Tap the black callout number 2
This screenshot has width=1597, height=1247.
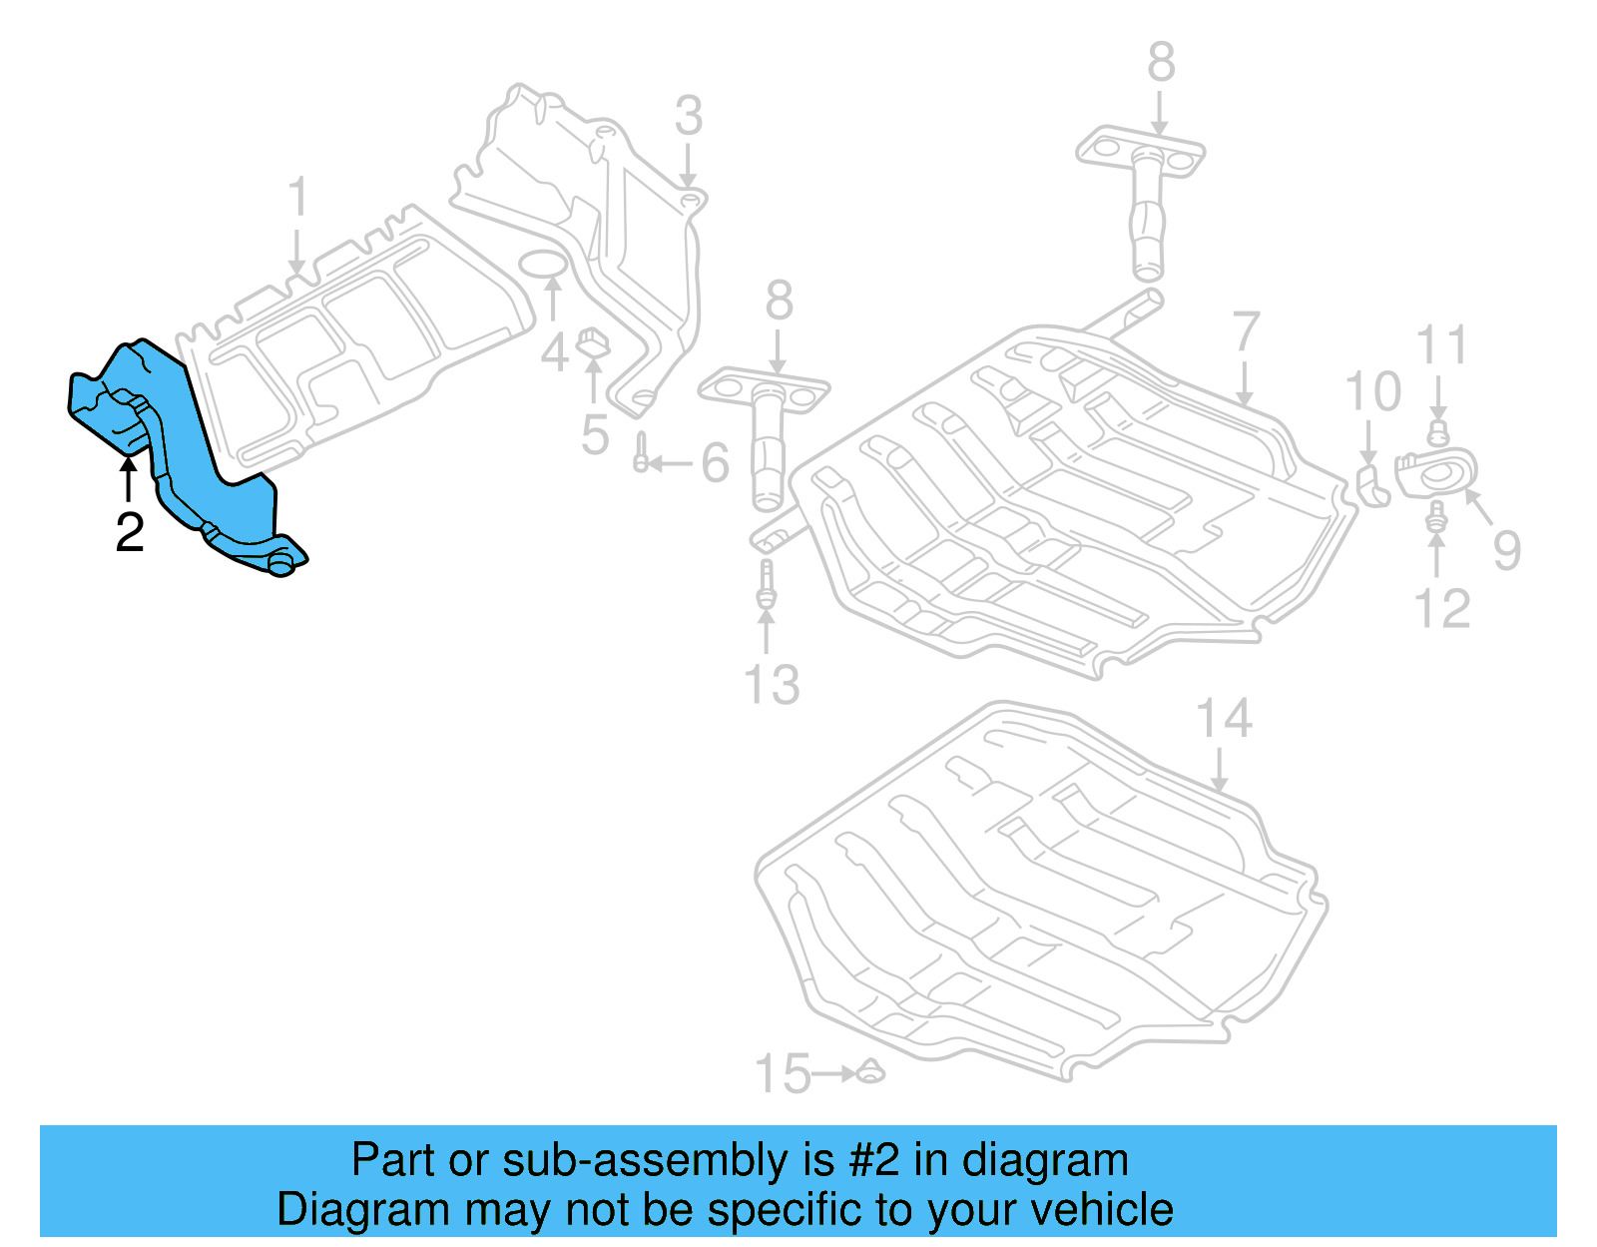click(x=130, y=532)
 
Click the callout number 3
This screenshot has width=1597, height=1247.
click(x=689, y=116)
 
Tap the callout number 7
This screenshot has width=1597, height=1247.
click(x=1246, y=332)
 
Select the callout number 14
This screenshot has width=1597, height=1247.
click(x=1224, y=719)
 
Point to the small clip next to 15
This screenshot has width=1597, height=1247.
click(x=870, y=1072)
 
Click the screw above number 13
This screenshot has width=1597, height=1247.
click(x=766, y=584)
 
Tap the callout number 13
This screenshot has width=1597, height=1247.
click(x=772, y=685)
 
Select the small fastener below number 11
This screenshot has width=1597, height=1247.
click(x=1437, y=433)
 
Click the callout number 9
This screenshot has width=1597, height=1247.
click(x=1507, y=550)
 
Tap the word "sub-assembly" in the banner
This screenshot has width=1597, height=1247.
click(x=645, y=1160)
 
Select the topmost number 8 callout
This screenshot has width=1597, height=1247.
click(x=1161, y=62)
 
